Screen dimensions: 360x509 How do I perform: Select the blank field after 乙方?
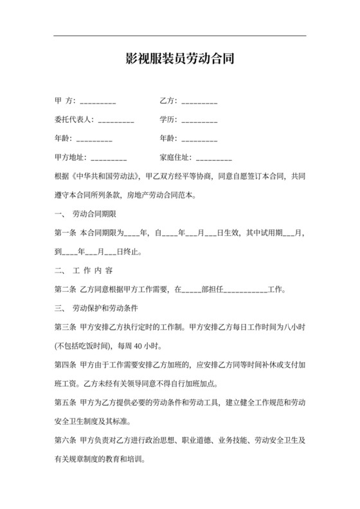[199, 102]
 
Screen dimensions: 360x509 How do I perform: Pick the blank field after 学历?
[200, 121]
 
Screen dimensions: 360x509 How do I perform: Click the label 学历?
[168, 120]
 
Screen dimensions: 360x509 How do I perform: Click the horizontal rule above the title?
[179, 35]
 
